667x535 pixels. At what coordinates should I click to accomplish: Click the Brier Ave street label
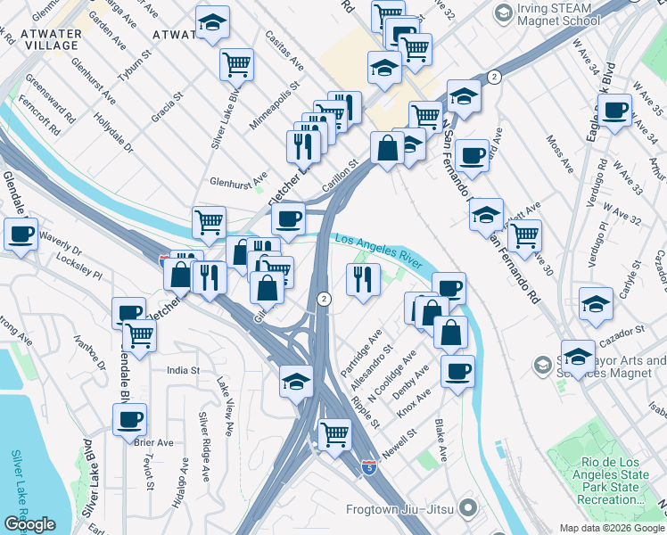click(x=153, y=442)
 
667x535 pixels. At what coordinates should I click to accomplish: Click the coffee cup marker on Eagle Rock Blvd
click(x=613, y=110)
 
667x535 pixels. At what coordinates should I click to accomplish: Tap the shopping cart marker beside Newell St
click(x=334, y=434)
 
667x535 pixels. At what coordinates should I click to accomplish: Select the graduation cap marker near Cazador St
click(x=578, y=355)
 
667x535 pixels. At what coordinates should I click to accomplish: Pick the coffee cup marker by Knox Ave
click(x=457, y=370)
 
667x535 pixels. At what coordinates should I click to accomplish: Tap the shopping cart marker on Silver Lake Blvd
click(x=236, y=62)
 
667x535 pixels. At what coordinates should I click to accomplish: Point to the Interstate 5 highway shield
click(x=369, y=467)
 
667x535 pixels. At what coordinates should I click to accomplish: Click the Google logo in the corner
click(x=29, y=524)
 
